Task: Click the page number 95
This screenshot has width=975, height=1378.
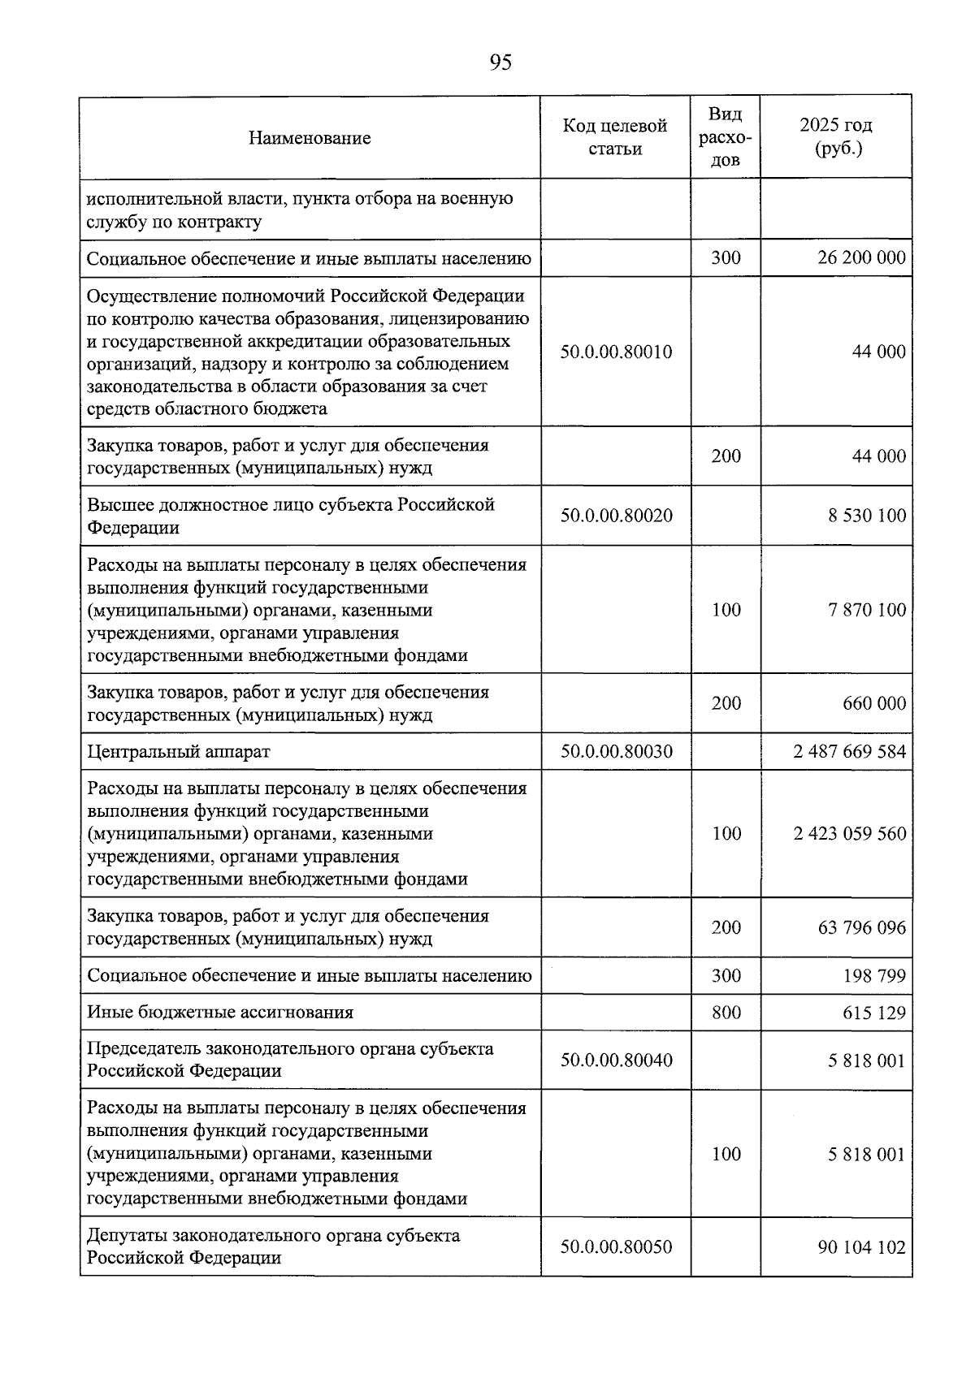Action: point(500,63)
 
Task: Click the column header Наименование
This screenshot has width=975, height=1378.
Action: point(310,138)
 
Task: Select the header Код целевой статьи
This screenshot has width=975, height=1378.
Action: point(615,137)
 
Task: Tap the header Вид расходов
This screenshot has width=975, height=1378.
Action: point(725,136)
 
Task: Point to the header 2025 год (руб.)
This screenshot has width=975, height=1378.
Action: point(835,136)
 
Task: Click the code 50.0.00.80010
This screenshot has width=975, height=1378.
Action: point(616,352)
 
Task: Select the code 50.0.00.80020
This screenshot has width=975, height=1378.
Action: point(616,516)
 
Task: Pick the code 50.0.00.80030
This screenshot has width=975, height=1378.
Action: point(616,751)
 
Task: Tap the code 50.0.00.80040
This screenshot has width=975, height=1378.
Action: point(616,1060)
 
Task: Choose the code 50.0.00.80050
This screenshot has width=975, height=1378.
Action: point(616,1246)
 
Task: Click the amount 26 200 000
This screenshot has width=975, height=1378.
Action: point(861,258)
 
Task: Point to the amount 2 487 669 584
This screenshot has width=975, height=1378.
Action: point(849,751)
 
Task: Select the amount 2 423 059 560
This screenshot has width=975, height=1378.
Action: point(849,834)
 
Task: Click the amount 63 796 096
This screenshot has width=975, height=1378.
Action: point(861,927)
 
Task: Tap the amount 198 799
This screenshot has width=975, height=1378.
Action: point(873,975)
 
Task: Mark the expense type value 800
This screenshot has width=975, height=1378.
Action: point(726,1013)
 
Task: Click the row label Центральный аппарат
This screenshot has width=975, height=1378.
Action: point(179,751)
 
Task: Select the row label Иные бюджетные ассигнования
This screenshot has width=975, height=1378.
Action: point(220,1013)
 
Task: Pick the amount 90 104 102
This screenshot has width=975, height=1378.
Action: point(861,1246)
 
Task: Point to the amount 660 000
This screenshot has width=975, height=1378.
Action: point(873,703)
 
